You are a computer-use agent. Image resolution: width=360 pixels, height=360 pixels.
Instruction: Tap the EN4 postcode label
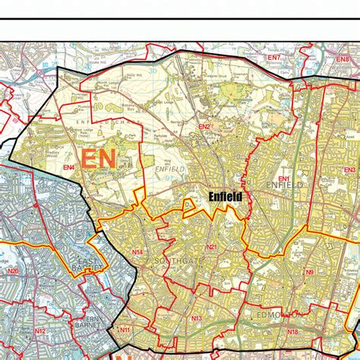tap(68, 167)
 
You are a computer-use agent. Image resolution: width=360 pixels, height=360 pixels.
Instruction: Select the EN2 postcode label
tap(204, 127)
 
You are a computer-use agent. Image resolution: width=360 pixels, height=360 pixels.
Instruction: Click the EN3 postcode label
tap(349, 170)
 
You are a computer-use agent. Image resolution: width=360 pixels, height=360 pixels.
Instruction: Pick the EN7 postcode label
tap(273, 58)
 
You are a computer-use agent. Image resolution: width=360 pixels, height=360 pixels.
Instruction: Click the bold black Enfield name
tap(224, 196)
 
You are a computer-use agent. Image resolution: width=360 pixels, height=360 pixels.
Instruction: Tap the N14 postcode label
tap(137, 252)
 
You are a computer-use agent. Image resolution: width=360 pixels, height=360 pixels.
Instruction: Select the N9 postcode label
tap(309, 272)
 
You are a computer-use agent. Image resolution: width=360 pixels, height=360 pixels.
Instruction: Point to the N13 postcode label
tap(196, 318)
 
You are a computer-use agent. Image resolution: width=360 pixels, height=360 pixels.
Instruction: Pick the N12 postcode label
tap(40, 332)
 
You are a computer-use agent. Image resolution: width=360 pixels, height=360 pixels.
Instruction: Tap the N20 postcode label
tap(13, 271)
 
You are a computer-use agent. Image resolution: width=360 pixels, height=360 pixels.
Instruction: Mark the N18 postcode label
tap(292, 332)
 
